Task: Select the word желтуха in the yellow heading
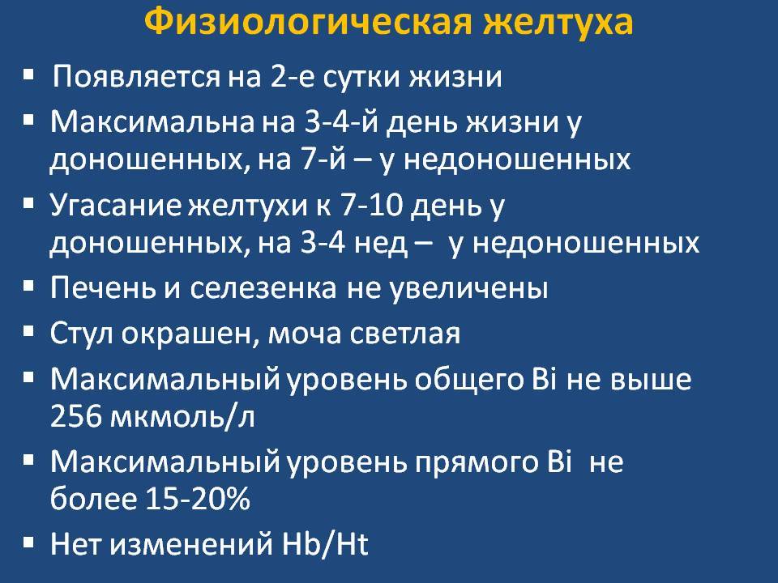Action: coord(558,23)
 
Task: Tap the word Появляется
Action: coord(136,77)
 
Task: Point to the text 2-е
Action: coord(293,77)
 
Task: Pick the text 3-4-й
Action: coord(341,122)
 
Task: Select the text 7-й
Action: coord(323,159)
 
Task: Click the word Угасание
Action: coord(116,206)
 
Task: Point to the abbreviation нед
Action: coord(381,244)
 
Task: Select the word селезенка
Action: coord(263,288)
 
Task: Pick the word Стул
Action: coord(81,333)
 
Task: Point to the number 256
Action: coord(75,415)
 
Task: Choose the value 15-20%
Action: coord(198,499)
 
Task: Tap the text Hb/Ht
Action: coord(324,543)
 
